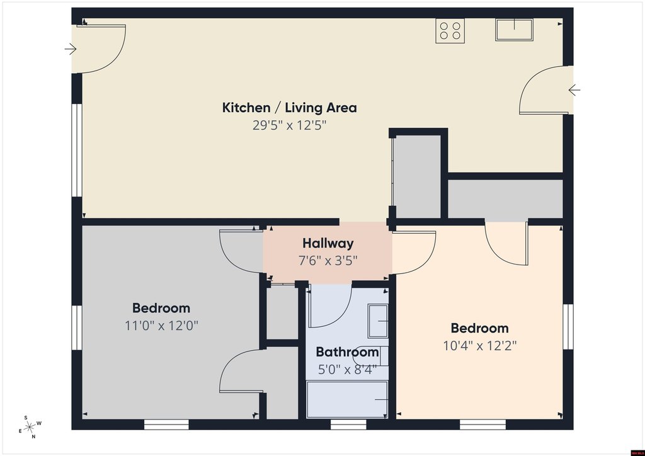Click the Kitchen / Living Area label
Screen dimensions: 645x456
[x=289, y=108]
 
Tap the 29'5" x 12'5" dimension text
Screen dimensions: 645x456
[x=289, y=125]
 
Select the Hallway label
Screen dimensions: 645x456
[x=328, y=243]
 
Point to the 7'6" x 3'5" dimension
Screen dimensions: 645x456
[x=328, y=261]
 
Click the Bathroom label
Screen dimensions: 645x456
[x=347, y=352]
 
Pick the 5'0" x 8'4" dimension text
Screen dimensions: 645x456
[x=347, y=370]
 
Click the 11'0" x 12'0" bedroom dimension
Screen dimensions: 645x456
[x=161, y=326]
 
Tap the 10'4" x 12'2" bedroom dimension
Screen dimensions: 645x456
[x=479, y=346]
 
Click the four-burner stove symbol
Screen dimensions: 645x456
[x=450, y=31]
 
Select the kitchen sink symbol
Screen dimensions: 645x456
[x=514, y=30]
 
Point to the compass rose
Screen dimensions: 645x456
[x=30, y=427]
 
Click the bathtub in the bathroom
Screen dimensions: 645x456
[x=347, y=399]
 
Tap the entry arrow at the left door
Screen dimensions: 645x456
[x=71, y=49]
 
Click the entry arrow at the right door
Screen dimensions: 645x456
[x=574, y=89]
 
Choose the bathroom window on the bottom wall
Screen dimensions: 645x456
[x=348, y=425]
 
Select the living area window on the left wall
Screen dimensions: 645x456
[x=77, y=150]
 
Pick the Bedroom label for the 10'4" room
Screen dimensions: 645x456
[x=479, y=328]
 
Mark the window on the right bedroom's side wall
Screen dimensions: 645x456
[x=568, y=327]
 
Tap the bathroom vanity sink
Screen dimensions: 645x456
[x=378, y=321]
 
